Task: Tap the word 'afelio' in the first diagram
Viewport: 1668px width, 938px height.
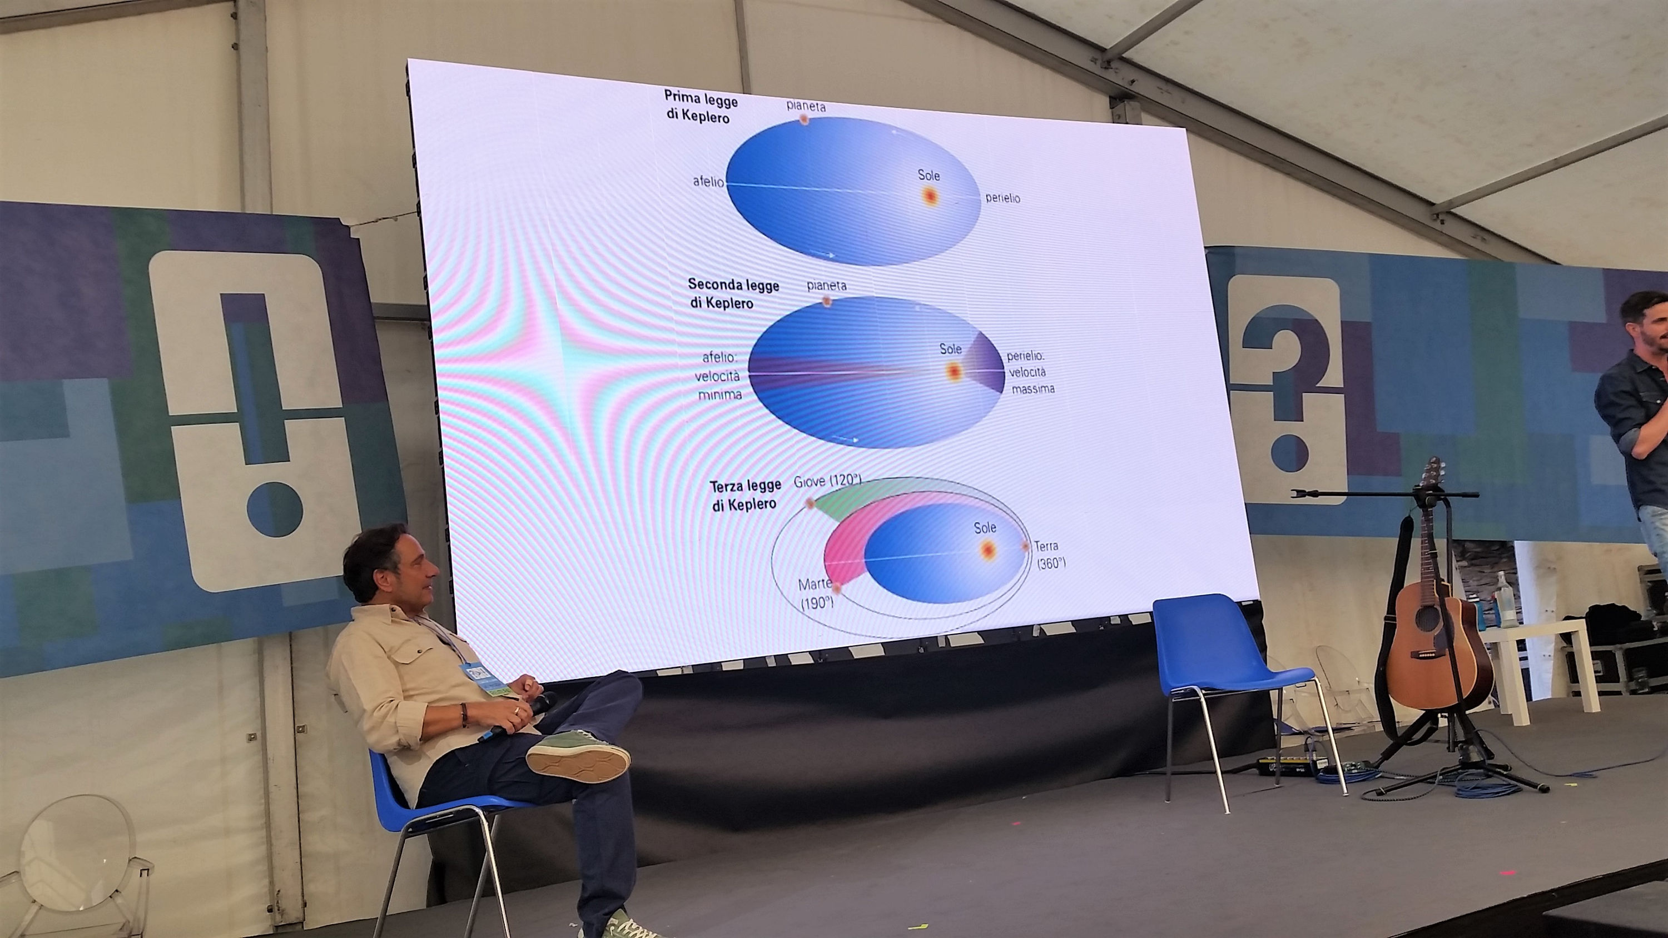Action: coord(708,182)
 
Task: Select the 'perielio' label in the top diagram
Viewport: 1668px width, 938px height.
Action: coord(1002,197)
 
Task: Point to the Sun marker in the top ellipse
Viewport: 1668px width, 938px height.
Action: coord(930,196)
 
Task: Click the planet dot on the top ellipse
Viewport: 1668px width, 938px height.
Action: coord(803,119)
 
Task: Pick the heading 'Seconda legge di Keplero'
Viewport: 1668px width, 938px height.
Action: coord(733,293)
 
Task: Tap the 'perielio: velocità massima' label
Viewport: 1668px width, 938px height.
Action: coord(1030,373)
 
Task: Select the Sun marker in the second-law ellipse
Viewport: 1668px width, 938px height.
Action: coord(952,372)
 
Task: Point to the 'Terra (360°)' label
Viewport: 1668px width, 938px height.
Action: coord(1050,555)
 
